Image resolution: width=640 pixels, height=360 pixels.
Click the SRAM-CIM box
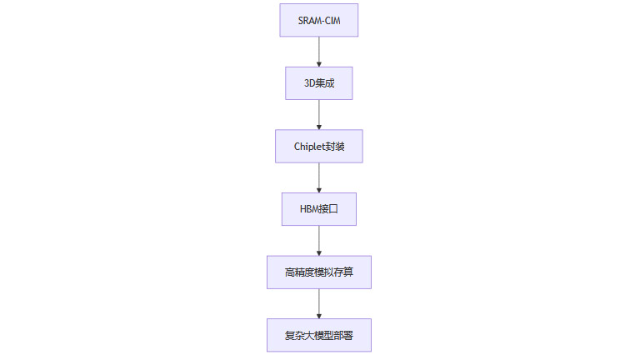pyautogui.click(x=318, y=20)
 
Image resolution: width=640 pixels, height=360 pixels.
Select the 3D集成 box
pyautogui.click(x=318, y=83)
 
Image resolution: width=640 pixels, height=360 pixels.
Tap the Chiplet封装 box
pyautogui.click(x=318, y=146)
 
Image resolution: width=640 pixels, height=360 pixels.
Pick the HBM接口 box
pyautogui.click(x=318, y=209)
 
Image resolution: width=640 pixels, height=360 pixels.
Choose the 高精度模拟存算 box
pyautogui.click(x=318, y=272)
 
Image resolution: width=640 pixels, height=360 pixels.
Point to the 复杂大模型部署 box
pyautogui.click(x=318, y=335)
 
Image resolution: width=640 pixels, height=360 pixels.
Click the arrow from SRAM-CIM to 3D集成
pyautogui.click(x=319, y=51)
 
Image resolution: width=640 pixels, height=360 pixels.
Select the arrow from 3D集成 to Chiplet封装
pyautogui.click(x=319, y=114)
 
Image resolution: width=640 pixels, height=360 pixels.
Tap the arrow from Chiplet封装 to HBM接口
pyautogui.click(x=319, y=177)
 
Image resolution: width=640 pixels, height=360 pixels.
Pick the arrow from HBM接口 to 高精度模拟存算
pyautogui.click(x=319, y=240)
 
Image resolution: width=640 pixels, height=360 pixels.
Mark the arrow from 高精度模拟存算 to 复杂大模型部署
pyautogui.click(x=319, y=302)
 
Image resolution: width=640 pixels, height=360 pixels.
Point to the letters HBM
pyautogui.click(x=310, y=209)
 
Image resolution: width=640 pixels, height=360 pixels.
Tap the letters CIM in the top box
pyautogui.click(x=332, y=20)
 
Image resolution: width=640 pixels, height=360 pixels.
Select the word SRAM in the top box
pyautogui.click(x=310, y=20)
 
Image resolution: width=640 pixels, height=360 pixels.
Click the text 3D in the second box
pyautogui.click(x=308, y=83)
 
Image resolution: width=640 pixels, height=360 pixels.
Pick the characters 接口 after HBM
pyautogui.click(x=330, y=209)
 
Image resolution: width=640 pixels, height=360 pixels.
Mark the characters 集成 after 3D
pyautogui.click(x=325, y=83)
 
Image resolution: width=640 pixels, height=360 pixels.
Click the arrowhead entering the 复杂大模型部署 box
pyautogui.click(x=319, y=314)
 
